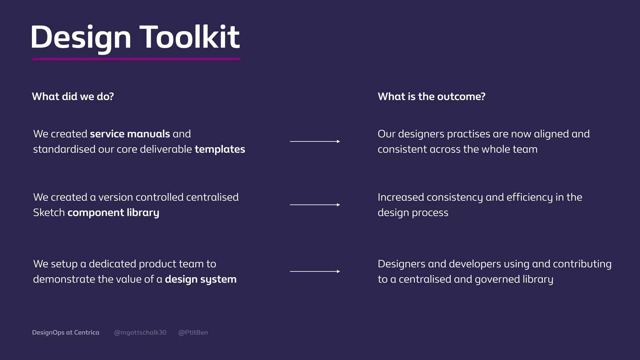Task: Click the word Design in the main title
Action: pos(81,37)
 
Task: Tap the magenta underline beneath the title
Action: pos(137,59)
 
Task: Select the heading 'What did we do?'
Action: pos(73,97)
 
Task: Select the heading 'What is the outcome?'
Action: pos(431,97)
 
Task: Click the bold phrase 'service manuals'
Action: pos(130,134)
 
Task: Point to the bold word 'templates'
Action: pos(220,149)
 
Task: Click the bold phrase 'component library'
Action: pos(113,213)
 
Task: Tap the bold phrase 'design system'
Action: pos(201,279)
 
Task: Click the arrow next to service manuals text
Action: pos(315,142)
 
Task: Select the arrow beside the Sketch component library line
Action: pos(315,205)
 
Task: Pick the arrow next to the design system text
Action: pos(315,271)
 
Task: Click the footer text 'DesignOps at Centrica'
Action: pos(66,332)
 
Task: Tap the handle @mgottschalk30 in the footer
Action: pos(140,332)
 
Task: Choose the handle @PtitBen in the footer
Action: pos(193,332)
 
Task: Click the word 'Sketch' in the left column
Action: pos(49,213)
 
